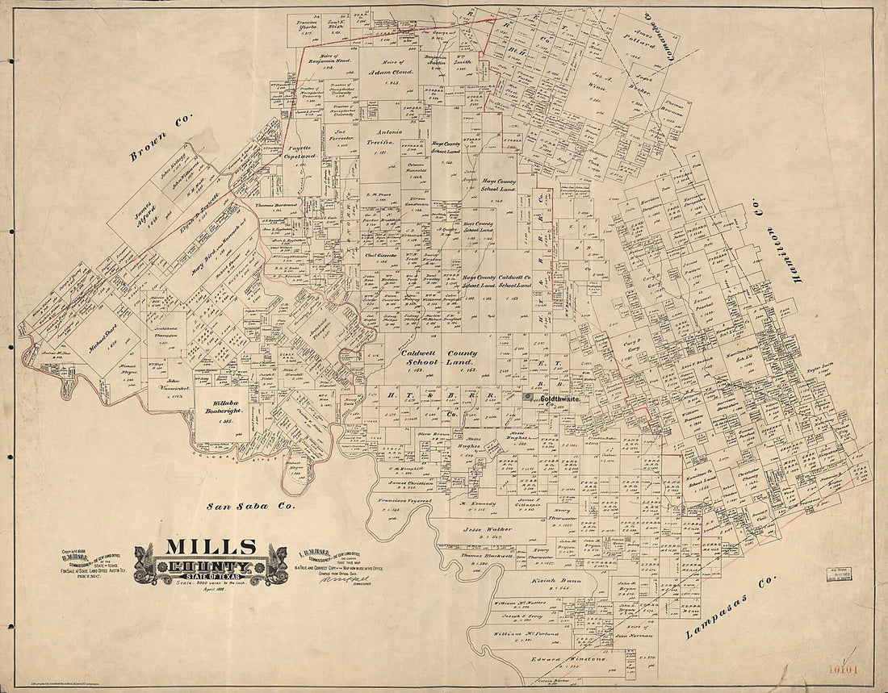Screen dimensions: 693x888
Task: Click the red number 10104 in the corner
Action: [848, 669]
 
